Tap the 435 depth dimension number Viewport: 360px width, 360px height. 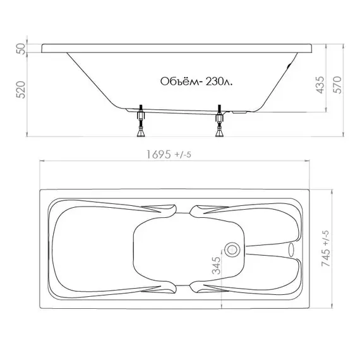[x=320, y=85]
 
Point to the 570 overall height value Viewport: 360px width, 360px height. [x=337, y=85]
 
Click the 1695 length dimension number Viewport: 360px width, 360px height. [x=159, y=154]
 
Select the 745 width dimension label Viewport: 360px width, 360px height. [x=325, y=258]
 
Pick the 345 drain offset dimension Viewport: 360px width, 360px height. [x=216, y=265]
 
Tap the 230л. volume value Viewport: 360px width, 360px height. [x=219, y=81]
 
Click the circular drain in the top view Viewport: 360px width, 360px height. [x=232, y=249]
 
